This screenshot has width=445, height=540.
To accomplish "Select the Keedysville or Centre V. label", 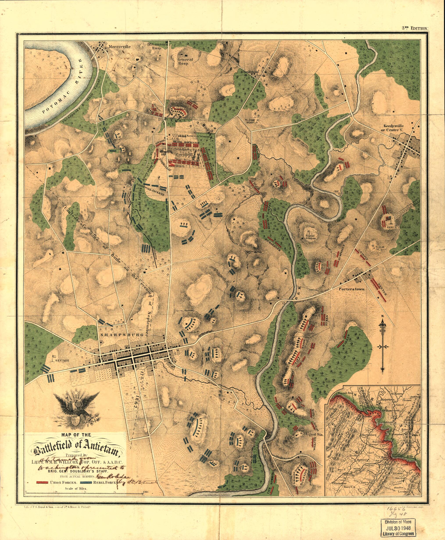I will click(397, 128).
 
